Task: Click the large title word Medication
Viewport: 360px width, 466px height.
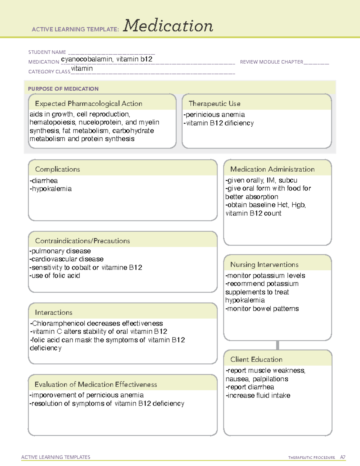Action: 168,26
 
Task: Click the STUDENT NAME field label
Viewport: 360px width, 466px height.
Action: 47,52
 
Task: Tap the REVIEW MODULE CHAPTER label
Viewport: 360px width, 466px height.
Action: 271,62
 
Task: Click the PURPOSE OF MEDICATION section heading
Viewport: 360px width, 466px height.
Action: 63,89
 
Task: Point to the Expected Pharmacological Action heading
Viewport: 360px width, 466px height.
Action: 88,104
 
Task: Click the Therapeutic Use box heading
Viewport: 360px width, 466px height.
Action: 214,104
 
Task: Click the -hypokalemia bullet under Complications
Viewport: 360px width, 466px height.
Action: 51,189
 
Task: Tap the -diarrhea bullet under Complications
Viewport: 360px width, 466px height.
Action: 44,181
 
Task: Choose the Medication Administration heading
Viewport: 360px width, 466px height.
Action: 272,169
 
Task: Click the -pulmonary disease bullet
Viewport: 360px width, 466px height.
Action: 60,251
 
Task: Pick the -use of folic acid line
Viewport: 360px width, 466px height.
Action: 55,275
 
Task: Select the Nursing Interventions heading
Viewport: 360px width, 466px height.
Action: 264,265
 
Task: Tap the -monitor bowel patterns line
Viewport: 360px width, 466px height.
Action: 262,308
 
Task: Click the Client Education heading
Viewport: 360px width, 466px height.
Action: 256,359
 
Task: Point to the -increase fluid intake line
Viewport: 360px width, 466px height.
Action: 258,395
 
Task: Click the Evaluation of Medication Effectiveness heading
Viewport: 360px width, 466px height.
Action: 96,384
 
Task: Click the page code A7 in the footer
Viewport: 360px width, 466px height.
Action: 343,457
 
